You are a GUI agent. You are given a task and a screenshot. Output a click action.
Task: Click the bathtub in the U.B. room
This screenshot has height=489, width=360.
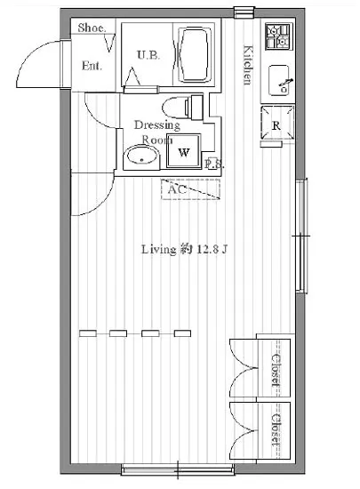pyautogui.click(x=194, y=55)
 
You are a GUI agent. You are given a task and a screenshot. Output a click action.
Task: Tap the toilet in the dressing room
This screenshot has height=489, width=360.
pyautogui.click(x=182, y=108)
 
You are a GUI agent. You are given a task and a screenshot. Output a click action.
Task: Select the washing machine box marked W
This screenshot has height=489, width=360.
pyautogui.click(x=184, y=151)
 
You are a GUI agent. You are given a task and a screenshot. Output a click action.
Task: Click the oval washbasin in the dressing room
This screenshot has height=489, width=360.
pyautogui.click(x=141, y=157)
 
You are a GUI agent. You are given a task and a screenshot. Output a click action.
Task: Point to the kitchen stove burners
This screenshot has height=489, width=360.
pyautogui.click(x=279, y=36)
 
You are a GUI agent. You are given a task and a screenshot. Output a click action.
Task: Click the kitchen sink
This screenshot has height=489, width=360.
pyautogui.click(x=279, y=80)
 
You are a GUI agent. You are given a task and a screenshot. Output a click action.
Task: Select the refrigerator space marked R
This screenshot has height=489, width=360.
pyautogui.click(x=277, y=123)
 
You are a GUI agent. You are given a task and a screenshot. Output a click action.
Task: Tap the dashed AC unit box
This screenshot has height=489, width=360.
pyautogui.click(x=190, y=189)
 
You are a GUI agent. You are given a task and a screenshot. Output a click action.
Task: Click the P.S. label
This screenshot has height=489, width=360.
pyautogui.click(x=214, y=164)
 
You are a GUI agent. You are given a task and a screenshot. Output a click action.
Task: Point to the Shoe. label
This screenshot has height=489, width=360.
pyautogui.click(x=92, y=28)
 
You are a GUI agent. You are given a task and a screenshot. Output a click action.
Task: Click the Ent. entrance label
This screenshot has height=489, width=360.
pyautogui.click(x=92, y=66)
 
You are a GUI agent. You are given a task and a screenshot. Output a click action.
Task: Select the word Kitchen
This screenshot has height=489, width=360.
pyautogui.click(x=247, y=65)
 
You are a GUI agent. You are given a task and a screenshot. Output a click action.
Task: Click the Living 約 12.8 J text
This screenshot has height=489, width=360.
pyautogui.click(x=185, y=249)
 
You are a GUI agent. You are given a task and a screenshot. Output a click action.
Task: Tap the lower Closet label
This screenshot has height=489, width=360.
pyautogui.click(x=276, y=429)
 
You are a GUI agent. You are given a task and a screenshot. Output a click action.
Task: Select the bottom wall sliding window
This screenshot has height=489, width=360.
pyautogui.click(x=178, y=469)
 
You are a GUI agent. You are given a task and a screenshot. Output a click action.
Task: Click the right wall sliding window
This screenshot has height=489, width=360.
pyautogui.click(x=301, y=236)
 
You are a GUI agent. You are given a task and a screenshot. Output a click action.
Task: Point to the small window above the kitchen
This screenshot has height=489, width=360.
pyautogui.click(x=244, y=12)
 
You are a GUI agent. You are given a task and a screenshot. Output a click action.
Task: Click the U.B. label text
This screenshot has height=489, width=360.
pyautogui.click(x=148, y=55)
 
